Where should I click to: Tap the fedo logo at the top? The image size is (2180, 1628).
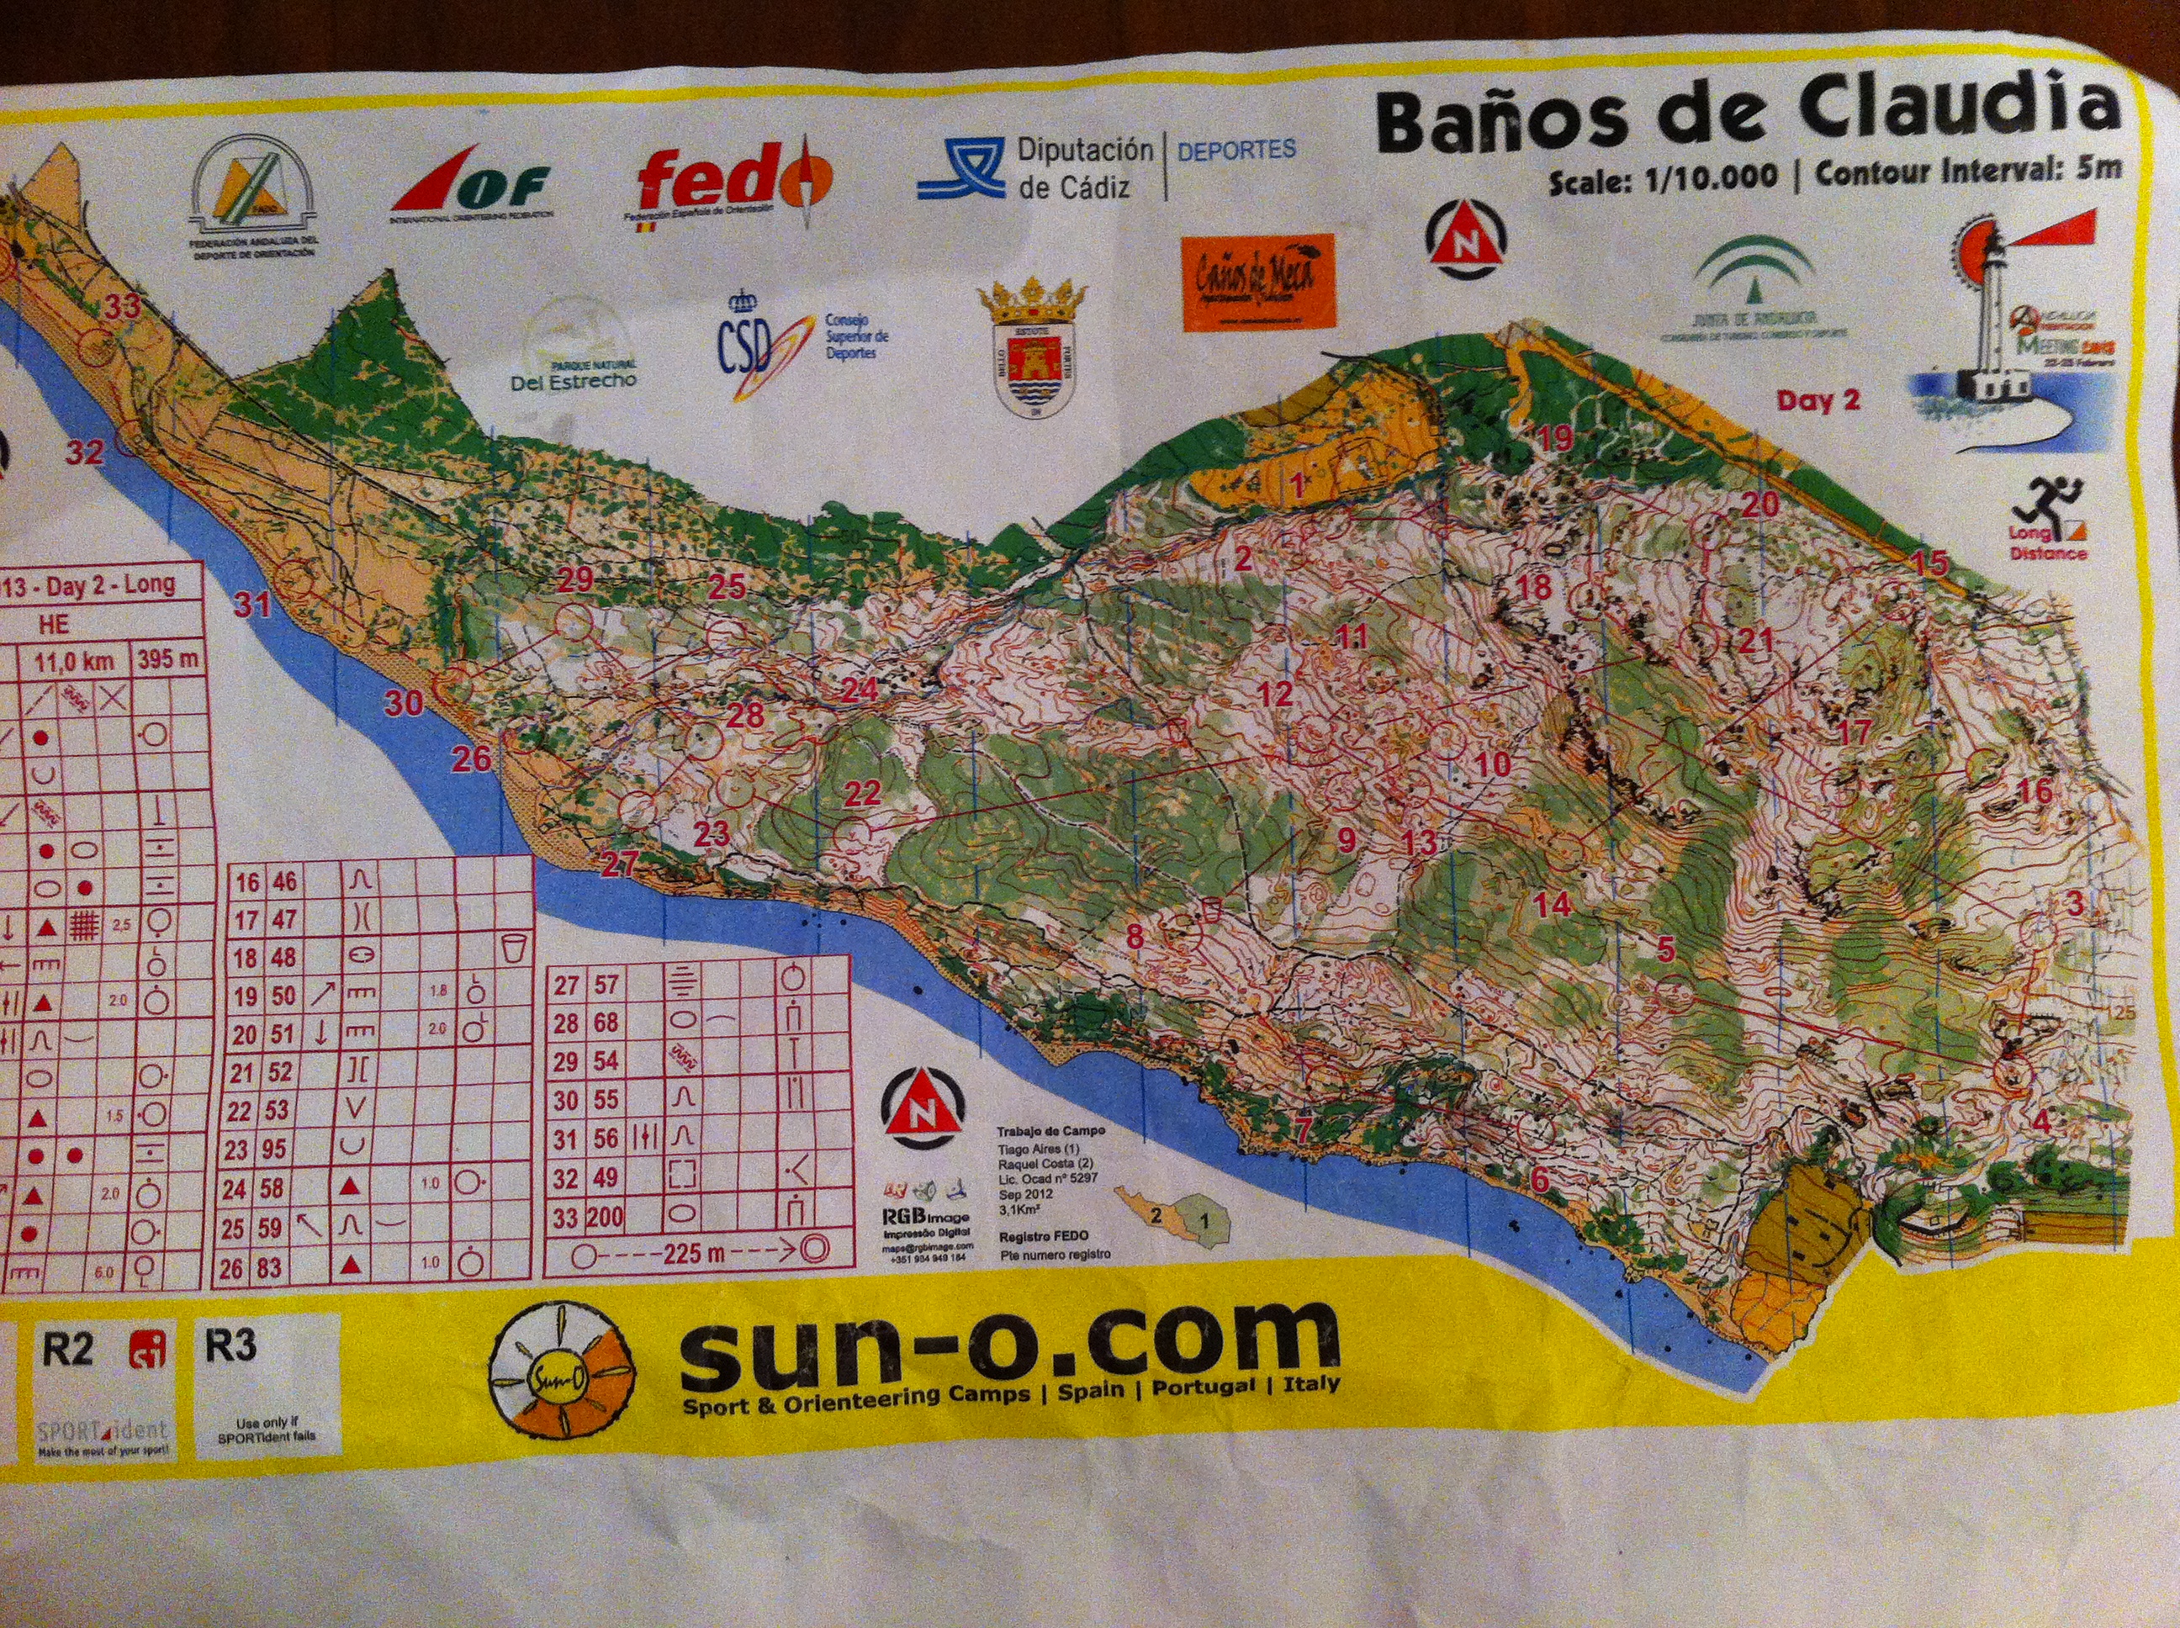733,182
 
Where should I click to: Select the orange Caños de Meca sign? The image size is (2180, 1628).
1257,281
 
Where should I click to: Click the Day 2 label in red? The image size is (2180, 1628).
1818,400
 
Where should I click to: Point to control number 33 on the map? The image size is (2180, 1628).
123,306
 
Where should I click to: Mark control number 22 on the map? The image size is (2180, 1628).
862,792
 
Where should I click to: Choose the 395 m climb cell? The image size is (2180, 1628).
167,658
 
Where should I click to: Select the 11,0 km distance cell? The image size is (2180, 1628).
74,660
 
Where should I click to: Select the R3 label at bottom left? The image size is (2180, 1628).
230,1345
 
